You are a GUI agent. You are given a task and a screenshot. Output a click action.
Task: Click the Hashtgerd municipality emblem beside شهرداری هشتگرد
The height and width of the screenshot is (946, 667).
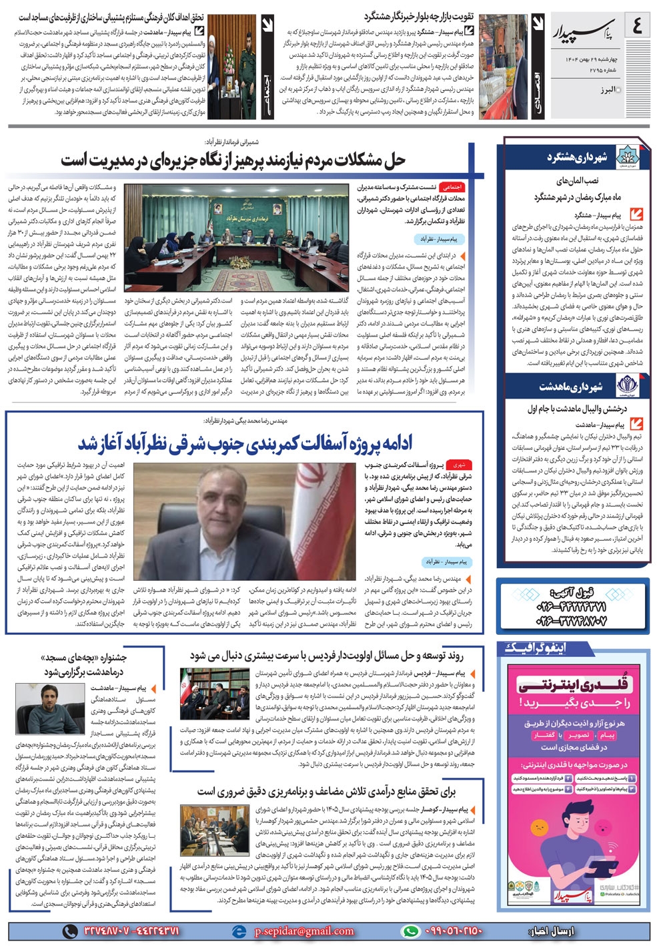click(626, 158)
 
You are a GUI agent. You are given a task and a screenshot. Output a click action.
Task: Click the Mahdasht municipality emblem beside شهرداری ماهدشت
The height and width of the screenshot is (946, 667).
click(626, 386)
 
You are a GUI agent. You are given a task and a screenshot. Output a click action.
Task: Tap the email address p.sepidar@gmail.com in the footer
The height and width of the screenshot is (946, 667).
click(304, 931)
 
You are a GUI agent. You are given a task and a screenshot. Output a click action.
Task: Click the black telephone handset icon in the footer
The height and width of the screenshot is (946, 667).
click(69, 931)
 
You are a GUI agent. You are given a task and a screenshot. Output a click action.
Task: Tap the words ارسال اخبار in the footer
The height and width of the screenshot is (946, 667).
click(552, 931)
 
